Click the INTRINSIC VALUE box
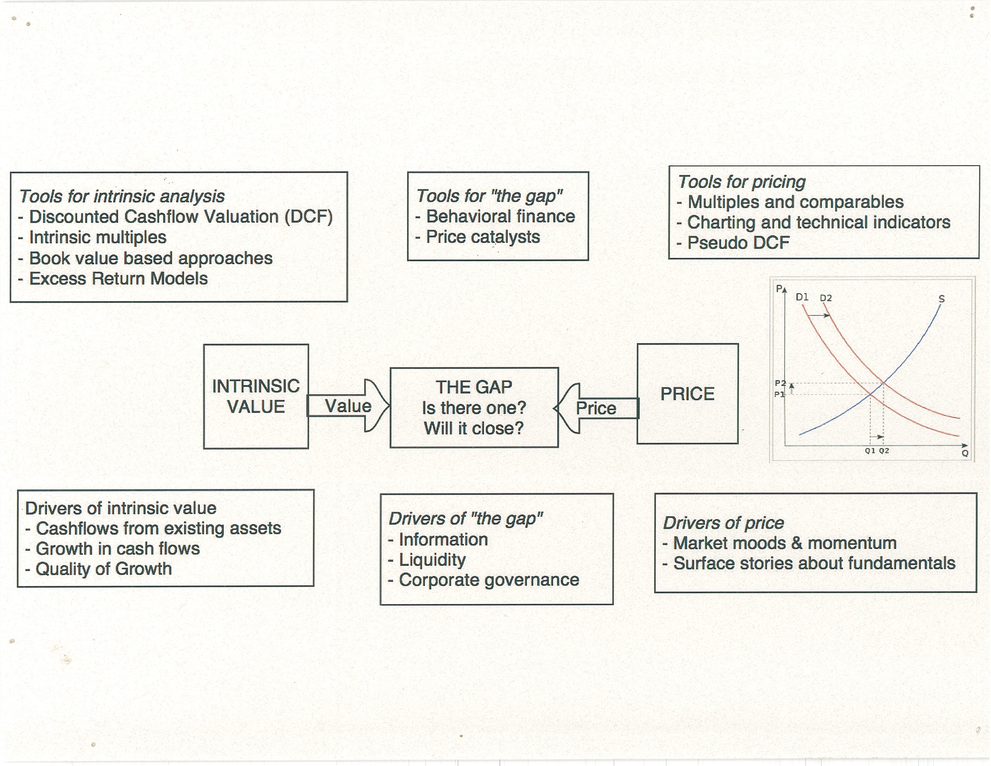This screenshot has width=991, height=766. coord(256,396)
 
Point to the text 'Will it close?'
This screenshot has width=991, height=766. coord(474,428)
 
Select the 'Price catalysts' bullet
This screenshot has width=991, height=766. coord(483,237)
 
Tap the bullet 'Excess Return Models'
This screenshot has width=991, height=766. coord(118,278)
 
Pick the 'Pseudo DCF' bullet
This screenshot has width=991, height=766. coord(738,243)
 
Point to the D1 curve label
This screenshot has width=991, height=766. coord(802,297)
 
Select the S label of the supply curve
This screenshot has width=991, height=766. coord(942,299)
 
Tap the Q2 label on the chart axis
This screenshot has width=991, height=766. coord(884,451)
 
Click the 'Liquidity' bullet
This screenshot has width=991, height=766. coord(432,560)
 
